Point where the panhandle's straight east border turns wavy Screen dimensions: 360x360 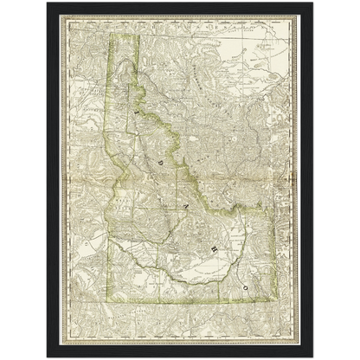[x=128, y=87]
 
